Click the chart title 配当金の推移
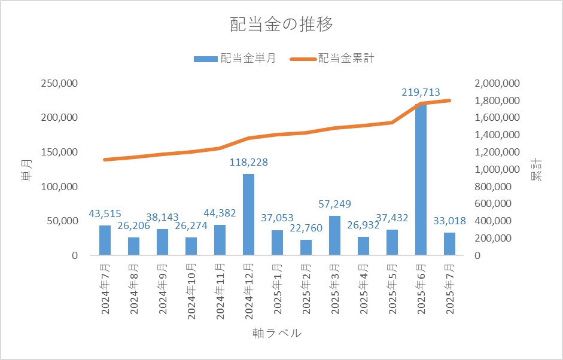(281, 25)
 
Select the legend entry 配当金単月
(235, 59)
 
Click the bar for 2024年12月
(248, 214)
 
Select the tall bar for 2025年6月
(421, 179)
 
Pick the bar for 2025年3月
(334, 235)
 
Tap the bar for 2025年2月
(306, 247)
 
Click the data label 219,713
(421, 93)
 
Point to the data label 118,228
(248, 162)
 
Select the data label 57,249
(334, 204)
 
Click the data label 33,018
(449, 221)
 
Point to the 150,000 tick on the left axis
(59, 152)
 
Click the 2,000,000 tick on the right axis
(497, 83)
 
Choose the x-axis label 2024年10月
(191, 290)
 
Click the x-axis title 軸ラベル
(277, 333)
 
